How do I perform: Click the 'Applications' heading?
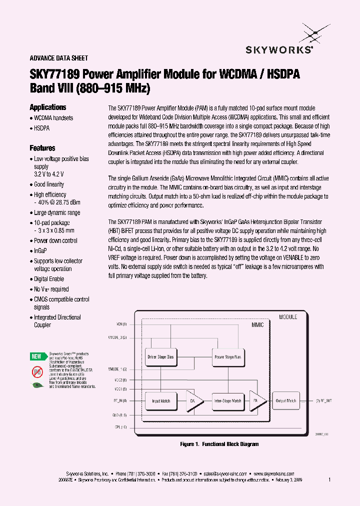[48, 107]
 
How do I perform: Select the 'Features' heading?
[42, 148]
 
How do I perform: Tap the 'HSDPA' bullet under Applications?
[42, 128]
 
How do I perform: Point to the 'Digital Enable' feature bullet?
[49, 279]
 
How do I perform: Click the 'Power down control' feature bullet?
[55, 240]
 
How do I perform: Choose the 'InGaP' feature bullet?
[40, 251]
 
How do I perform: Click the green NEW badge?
[36, 356]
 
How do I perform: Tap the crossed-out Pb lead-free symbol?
[37, 371]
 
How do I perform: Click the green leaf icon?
[37, 385]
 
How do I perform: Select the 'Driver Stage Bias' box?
[161, 357]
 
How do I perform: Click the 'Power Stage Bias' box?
[227, 357]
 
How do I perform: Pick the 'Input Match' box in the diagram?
[161, 400]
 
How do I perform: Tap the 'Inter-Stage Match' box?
[227, 400]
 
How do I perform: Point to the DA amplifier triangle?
[194, 401]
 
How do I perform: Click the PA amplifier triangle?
[257, 401]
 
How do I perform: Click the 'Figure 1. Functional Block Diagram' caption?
[219, 444]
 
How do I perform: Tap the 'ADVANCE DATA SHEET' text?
[59, 58]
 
